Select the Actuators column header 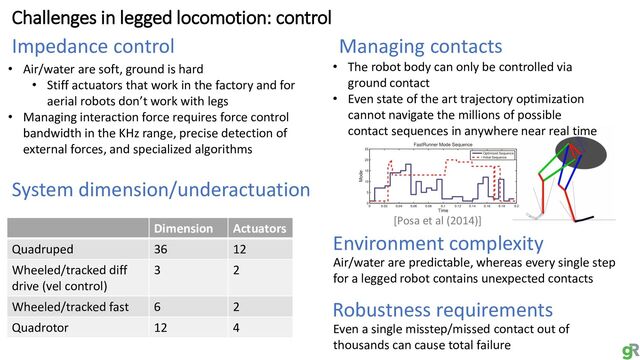tap(258, 228)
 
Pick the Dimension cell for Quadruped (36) tap(161, 249)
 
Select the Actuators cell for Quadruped tap(240, 249)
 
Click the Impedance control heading tap(92, 46)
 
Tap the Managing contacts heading tap(421, 46)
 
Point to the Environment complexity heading tap(437, 243)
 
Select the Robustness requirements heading tap(442, 309)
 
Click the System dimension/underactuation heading tap(161, 190)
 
